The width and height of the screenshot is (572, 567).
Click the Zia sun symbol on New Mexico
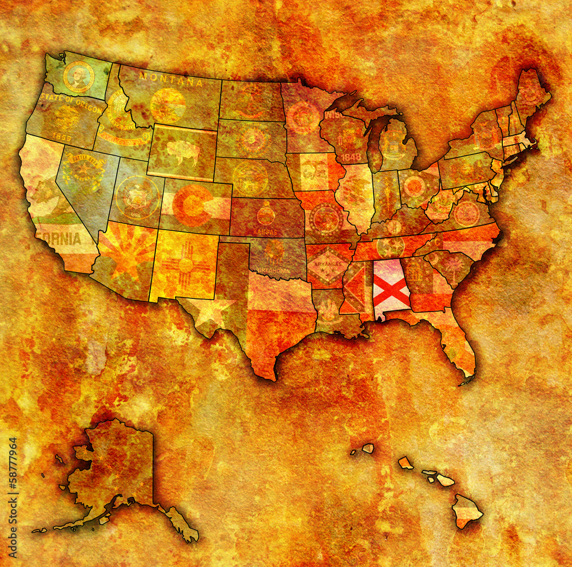[x=185, y=265]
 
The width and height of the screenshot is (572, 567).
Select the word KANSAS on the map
[x=265, y=232]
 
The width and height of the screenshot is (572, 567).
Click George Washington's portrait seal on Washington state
[x=78, y=77]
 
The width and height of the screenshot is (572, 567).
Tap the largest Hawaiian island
[x=467, y=510]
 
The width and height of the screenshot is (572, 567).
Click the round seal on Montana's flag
[x=168, y=105]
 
